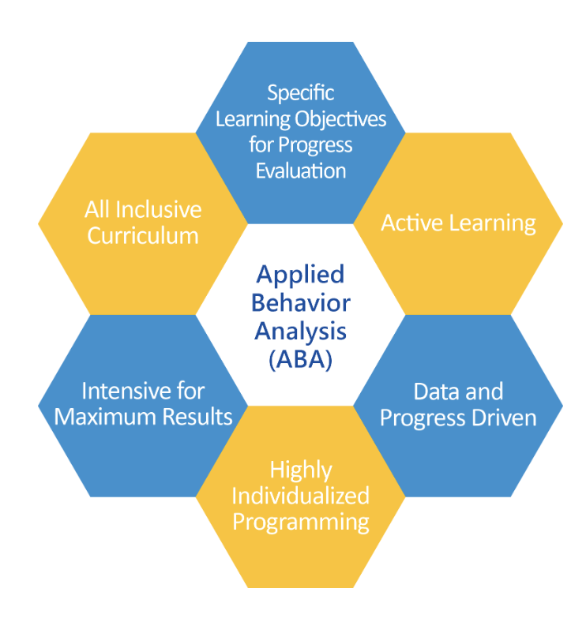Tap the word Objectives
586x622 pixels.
pos(340,119)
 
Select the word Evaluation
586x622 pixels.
pos(301,171)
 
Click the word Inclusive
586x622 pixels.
pos(159,209)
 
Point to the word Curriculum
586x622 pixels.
pos(143,236)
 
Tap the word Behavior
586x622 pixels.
pos(301,303)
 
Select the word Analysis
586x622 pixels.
pos(301,332)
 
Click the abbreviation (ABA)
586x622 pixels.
pos(301,360)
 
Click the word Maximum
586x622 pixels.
pos(106,417)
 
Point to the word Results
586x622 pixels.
pos(197,417)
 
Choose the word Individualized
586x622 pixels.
pos(301,496)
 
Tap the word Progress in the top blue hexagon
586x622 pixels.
pos(315,146)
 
